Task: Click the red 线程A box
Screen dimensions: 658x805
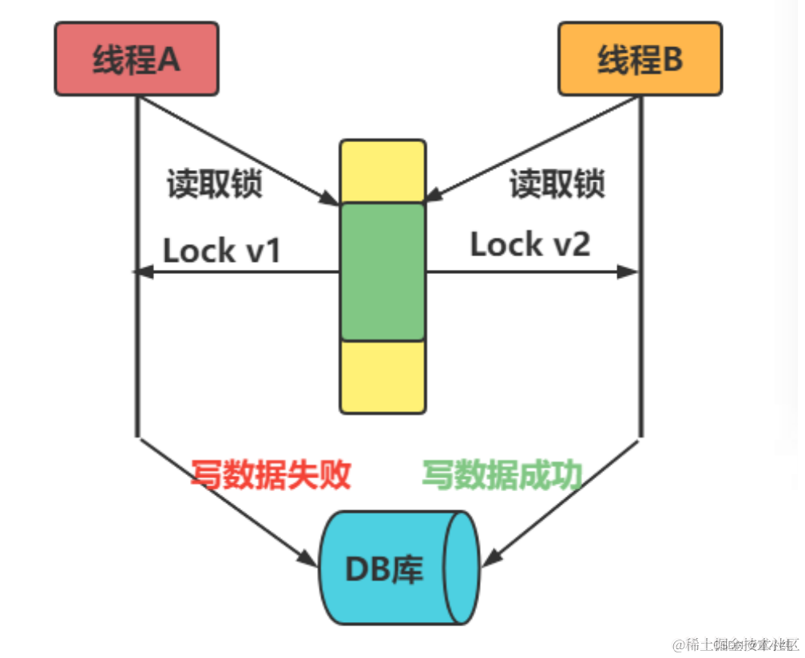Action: point(137,58)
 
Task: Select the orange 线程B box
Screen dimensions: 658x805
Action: point(640,58)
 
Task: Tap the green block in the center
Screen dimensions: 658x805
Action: point(383,272)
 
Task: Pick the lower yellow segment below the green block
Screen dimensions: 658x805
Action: point(383,377)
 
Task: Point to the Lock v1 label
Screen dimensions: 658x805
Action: point(222,251)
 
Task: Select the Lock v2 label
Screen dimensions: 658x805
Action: point(529,244)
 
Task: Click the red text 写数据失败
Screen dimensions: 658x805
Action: point(271,475)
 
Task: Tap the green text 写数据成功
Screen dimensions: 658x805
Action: point(502,475)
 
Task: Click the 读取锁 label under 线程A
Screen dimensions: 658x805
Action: point(214,184)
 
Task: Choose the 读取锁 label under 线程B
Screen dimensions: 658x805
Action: point(557,184)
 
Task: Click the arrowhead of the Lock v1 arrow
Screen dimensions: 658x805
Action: point(141,272)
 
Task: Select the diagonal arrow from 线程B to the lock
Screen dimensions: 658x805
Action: point(531,148)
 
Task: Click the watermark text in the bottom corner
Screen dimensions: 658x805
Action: point(735,644)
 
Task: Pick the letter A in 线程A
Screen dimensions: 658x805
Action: point(169,58)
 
